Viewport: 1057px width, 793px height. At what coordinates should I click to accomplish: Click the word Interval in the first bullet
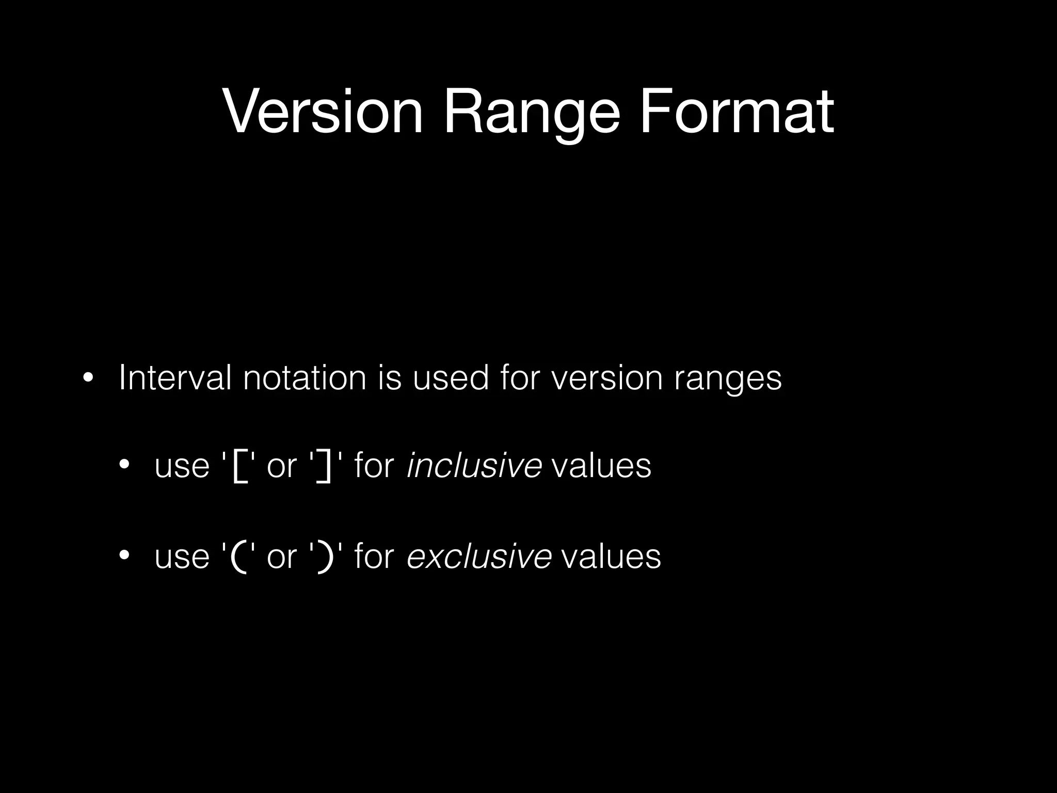[175, 377]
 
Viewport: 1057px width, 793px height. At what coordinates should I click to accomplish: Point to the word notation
[305, 377]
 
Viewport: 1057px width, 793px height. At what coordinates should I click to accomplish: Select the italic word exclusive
[479, 556]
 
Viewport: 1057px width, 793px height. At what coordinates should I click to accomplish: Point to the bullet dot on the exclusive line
[124, 556]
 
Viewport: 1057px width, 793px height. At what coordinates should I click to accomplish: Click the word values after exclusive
[611, 556]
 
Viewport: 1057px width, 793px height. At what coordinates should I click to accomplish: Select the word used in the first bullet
[450, 377]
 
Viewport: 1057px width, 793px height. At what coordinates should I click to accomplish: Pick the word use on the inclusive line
[182, 466]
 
